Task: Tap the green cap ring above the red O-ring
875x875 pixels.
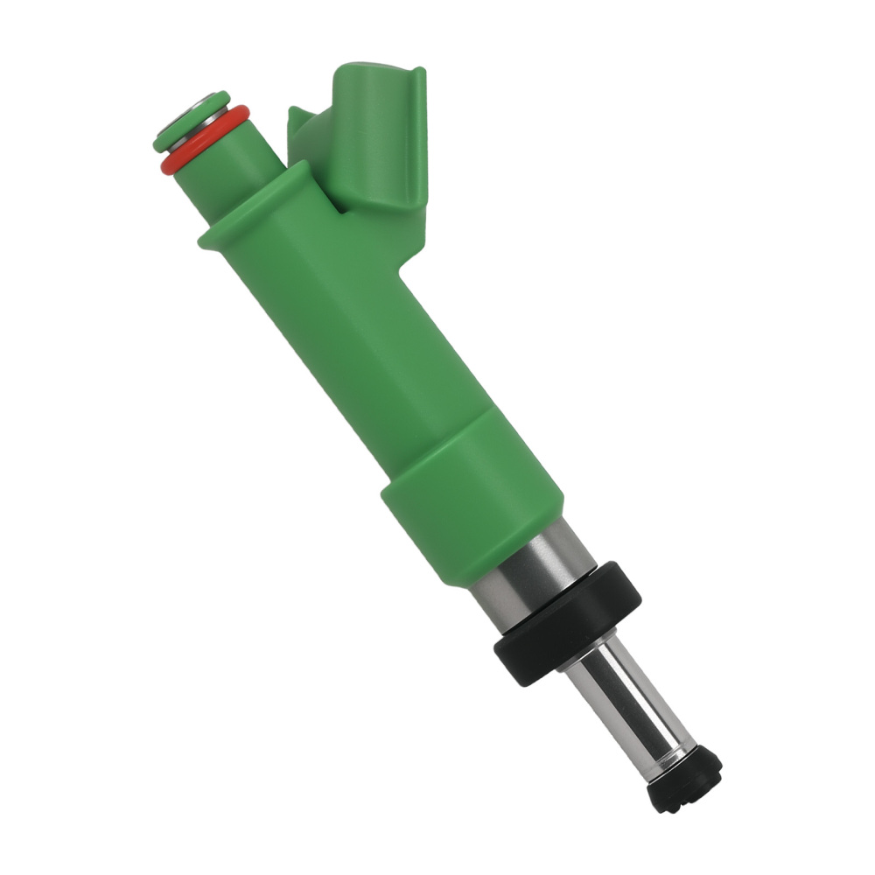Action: pyautogui.click(x=166, y=140)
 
